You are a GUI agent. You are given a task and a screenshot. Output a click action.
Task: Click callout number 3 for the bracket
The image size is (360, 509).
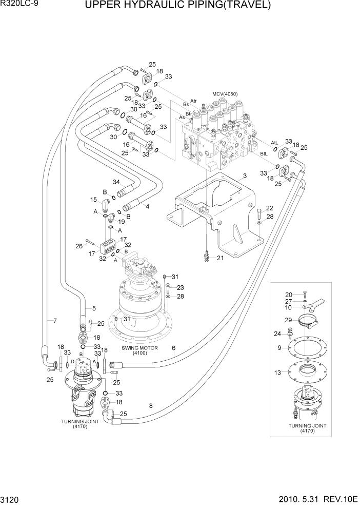point(245,176)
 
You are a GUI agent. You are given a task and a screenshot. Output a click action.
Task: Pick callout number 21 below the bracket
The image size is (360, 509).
point(220,258)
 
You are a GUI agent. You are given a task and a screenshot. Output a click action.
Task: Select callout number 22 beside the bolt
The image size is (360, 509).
point(269,207)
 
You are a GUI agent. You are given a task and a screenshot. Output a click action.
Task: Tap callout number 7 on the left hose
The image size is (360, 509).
point(55,321)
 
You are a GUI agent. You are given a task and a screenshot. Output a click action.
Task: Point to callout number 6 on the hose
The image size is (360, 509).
point(174,348)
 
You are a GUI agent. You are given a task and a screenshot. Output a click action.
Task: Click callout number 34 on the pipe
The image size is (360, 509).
point(116,182)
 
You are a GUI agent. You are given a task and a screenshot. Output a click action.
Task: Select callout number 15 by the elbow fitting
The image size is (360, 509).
point(94,200)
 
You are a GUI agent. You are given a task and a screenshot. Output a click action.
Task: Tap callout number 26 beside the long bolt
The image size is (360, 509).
point(79,246)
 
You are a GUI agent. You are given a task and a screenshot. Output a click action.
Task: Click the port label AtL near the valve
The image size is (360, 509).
point(274,142)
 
